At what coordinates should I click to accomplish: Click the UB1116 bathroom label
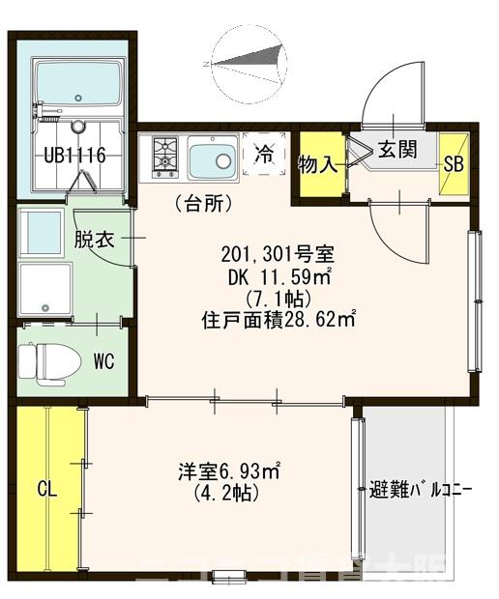coord(73,156)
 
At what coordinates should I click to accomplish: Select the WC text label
coord(103,361)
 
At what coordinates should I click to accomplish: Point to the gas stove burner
coord(164,156)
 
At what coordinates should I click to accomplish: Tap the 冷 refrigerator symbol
coord(263,154)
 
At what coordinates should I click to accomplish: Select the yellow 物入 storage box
coord(318,164)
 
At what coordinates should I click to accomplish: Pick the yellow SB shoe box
coord(454,164)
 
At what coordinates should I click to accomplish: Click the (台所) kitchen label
coord(202,204)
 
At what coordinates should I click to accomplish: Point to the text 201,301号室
coord(279,255)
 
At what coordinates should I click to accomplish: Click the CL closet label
coord(46,489)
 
